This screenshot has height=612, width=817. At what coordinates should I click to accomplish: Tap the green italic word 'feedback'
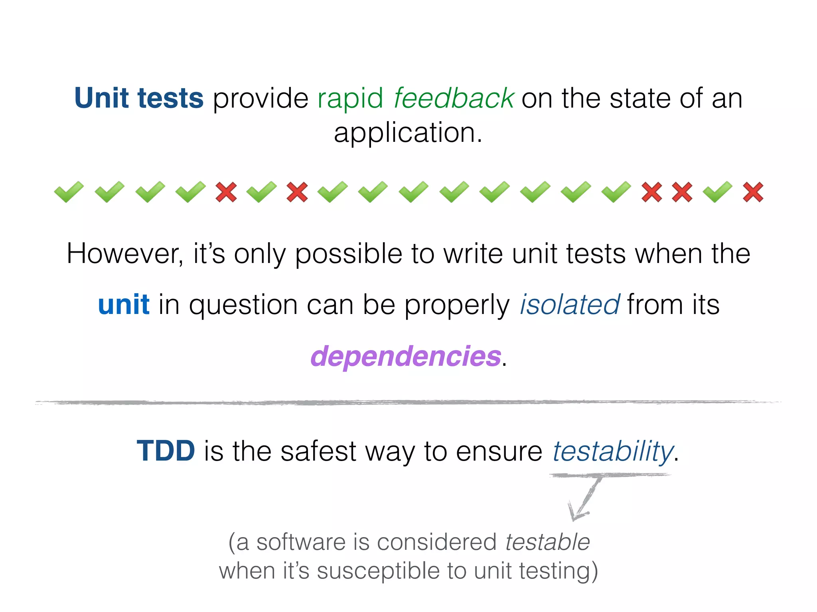click(454, 98)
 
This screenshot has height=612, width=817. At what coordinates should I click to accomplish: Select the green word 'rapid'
click(350, 99)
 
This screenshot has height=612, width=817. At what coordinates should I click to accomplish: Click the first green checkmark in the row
click(69, 192)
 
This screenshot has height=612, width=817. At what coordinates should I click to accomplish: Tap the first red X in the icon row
click(226, 192)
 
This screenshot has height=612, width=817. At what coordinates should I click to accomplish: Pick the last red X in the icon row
click(753, 192)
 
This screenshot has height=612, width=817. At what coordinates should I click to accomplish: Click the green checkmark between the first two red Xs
click(261, 192)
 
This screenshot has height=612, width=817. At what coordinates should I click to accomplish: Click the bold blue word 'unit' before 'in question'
click(124, 305)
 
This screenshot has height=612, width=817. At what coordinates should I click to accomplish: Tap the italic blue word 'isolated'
click(570, 305)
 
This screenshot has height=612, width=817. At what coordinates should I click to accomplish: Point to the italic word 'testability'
click(612, 451)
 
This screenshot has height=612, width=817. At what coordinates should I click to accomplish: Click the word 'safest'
click(318, 451)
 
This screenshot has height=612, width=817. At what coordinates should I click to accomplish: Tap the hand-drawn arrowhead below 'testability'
click(576, 514)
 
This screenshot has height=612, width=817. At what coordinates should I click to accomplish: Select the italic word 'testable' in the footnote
click(547, 542)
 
